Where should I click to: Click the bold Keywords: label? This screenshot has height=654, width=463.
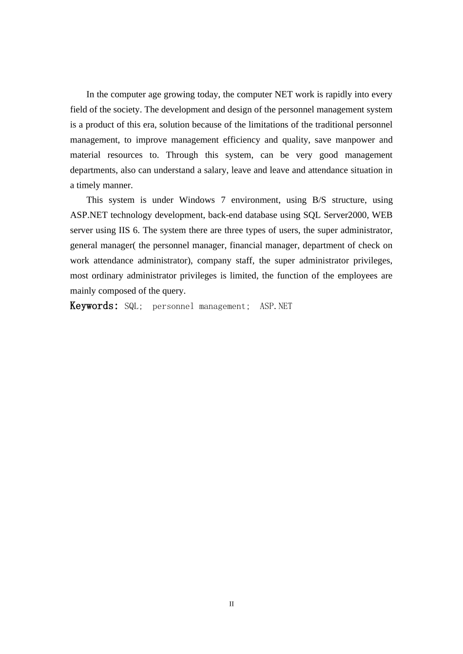tap(94, 306)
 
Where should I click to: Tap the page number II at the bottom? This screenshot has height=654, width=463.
tap(231, 604)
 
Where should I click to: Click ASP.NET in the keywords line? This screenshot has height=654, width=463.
tap(276, 306)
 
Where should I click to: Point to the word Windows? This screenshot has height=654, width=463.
tap(197, 200)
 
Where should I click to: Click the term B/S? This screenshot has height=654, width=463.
tap(319, 200)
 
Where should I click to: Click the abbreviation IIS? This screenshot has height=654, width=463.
tap(124, 230)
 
